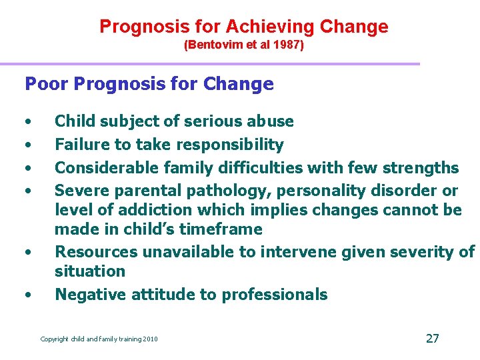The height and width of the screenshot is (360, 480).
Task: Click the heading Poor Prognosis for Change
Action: click(x=149, y=84)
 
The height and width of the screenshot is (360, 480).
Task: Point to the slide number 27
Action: click(x=432, y=338)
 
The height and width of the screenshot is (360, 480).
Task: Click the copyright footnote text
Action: click(x=99, y=339)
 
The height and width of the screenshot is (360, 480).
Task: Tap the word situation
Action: click(x=90, y=271)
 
